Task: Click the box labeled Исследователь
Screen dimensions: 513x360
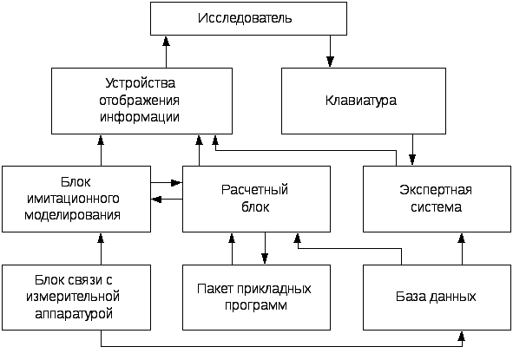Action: [248, 18]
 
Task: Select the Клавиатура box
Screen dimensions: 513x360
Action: [364, 101]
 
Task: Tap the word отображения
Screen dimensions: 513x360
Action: [140, 101]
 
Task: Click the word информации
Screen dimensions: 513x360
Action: [140, 117]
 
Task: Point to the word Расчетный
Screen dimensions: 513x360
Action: [254, 190]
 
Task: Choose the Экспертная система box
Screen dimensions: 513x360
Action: [437, 200]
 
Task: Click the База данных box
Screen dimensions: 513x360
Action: [437, 298]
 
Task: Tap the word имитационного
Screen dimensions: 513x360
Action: [73, 199]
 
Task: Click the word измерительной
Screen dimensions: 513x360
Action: [73, 297]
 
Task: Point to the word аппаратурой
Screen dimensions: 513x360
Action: [74, 314]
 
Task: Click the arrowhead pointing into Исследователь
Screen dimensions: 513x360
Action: [166, 41]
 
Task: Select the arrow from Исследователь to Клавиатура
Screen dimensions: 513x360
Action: [330, 51]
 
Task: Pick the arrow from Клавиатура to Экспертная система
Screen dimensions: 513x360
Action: [412, 150]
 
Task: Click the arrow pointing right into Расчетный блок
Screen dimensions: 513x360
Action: [167, 182]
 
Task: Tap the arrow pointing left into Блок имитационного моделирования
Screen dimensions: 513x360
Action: [167, 199]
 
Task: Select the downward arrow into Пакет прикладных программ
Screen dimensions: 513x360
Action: [265, 248]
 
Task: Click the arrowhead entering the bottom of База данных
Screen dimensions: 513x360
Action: [462, 336]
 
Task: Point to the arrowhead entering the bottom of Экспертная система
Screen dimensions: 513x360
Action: [462, 238]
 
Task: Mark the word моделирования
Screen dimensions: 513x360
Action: [73, 215]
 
